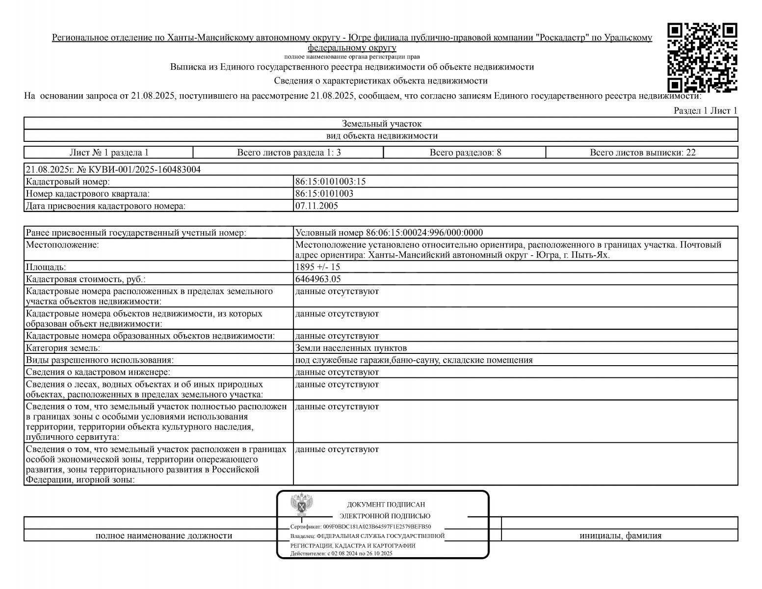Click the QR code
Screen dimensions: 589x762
click(702, 58)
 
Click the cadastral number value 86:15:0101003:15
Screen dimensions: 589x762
click(330, 182)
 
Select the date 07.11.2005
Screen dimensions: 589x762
click(316, 206)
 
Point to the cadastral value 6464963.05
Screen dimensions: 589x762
click(318, 279)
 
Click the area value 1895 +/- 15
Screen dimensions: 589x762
click(317, 267)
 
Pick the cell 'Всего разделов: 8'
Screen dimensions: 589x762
click(465, 152)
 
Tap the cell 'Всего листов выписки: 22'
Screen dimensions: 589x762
click(642, 152)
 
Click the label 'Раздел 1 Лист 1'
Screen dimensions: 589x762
click(705, 110)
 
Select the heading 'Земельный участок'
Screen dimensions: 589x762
click(381, 124)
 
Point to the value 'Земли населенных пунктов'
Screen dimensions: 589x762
click(351, 348)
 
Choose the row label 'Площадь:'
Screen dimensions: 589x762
click(46, 267)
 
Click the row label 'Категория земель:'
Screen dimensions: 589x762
click(63, 348)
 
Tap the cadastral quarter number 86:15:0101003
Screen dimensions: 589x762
click(324, 193)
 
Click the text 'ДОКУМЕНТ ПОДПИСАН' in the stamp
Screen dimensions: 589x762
click(386, 504)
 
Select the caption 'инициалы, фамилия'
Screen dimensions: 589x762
click(620, 535)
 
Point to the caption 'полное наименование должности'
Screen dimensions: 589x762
click(163, 535)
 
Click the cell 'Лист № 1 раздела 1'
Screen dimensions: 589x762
click(109, 152)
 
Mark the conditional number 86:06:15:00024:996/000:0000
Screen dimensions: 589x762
click(424, 233)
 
